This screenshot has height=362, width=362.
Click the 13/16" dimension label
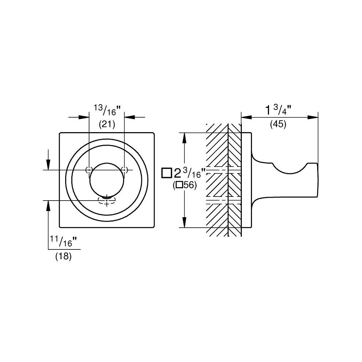tap(107, 110)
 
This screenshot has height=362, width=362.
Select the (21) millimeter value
tap(107, 125)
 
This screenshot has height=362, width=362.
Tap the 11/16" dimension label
tap(63, 241)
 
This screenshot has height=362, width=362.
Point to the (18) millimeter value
tap(63, 256)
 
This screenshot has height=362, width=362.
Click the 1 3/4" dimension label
tap(278, 110)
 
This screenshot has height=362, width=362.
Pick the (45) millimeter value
tap(278, 125)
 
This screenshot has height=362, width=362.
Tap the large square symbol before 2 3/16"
tap(167, 173)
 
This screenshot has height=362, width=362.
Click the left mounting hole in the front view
tap(89, 170)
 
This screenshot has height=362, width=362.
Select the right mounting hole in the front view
tap(124, 170)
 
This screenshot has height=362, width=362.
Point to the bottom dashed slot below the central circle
tap(106, 200)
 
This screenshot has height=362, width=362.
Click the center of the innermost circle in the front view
tap(107, 180)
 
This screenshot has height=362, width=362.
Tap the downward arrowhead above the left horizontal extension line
tap(48, 165)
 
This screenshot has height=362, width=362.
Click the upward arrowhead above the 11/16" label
tap(48, 206)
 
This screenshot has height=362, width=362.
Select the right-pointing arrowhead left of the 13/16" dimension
tap(84, 117)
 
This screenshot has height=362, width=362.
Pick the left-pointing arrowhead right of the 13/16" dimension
tap(130, 117)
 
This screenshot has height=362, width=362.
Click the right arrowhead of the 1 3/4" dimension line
tap(313, 117)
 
